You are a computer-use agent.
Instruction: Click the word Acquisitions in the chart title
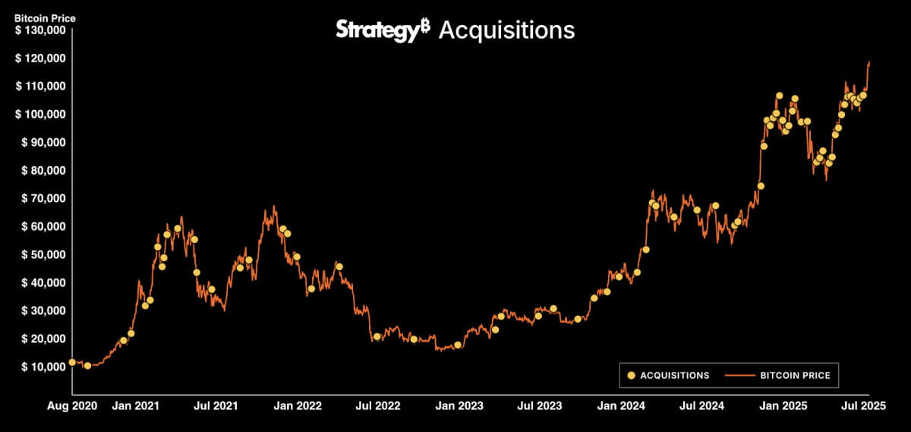(x=506, y=30)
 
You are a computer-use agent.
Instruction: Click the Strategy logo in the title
(x=383, y=30)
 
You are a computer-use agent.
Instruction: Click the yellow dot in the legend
(x=630, y=375)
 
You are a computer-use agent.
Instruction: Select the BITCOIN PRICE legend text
(x=795, y=375)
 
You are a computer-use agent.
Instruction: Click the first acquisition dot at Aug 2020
(x=72, y=362)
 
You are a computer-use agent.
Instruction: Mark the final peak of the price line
(x=869, y=62)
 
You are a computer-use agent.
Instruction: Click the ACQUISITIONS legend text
(x=675, y=375)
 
